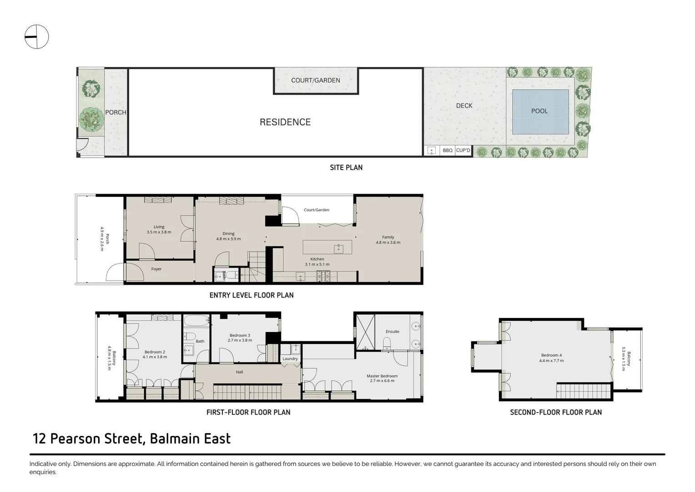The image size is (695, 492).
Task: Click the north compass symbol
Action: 36,36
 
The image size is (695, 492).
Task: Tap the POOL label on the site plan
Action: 539,111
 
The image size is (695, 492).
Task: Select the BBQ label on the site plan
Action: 448,150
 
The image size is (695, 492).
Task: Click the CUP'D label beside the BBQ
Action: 463,150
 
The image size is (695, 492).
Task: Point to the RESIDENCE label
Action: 285,122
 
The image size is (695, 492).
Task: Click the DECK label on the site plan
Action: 464,106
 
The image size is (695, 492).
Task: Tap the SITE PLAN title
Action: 346,168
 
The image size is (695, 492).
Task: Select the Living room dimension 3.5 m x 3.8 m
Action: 159,232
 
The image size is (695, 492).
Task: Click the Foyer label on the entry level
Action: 156,269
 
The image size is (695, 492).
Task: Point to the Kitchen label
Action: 317,259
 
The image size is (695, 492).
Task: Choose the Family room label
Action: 388,237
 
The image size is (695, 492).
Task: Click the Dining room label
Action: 228,234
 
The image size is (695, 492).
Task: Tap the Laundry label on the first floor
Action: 290,359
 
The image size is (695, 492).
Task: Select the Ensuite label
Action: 392,332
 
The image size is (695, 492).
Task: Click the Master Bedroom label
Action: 382,376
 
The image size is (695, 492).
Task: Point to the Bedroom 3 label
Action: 240,335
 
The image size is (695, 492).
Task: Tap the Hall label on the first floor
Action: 239,372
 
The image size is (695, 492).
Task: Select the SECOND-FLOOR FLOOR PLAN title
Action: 555,412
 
